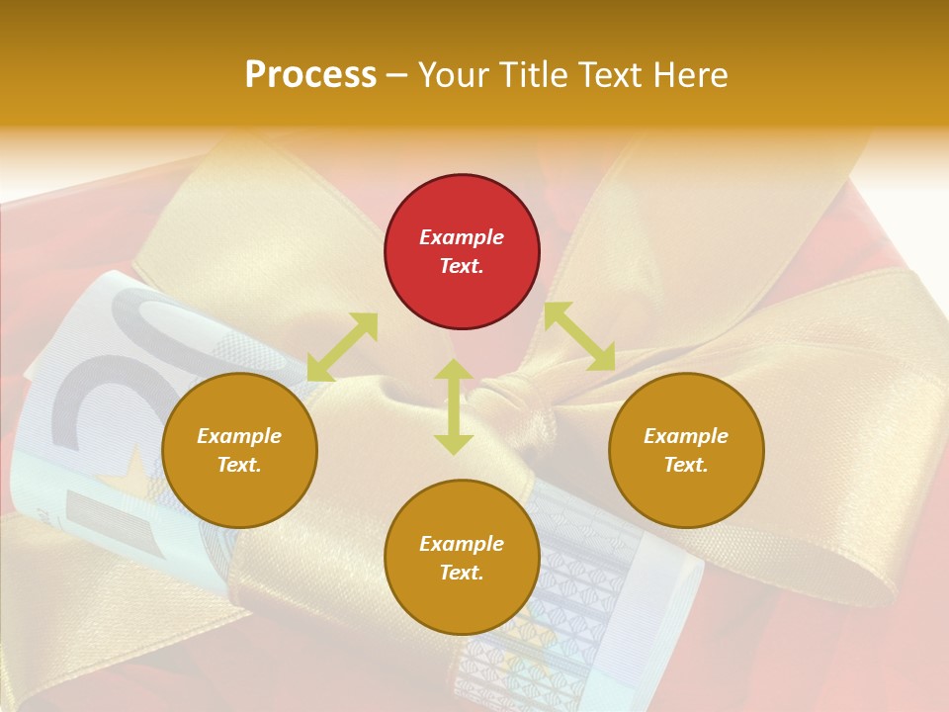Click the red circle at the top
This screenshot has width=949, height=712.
(x=462, y=252)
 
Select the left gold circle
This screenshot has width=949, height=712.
(x=239, y=451)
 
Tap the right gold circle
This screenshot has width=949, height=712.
(x=686, y=451)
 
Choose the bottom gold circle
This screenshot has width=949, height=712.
(x=462, y=558)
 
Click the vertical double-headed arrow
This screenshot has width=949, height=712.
(x=454, y=406)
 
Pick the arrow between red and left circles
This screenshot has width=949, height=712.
(x=342, y=347)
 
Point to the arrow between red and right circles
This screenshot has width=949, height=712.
(x=579, y=337)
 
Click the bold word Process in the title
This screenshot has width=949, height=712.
(x=310, y=75)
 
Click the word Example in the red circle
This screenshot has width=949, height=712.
(x=462, y=237)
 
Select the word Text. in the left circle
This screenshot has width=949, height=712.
(x=239, y=465)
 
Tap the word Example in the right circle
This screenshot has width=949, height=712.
(x=686, y=436)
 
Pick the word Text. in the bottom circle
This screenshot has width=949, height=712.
(x=462, y=573)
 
